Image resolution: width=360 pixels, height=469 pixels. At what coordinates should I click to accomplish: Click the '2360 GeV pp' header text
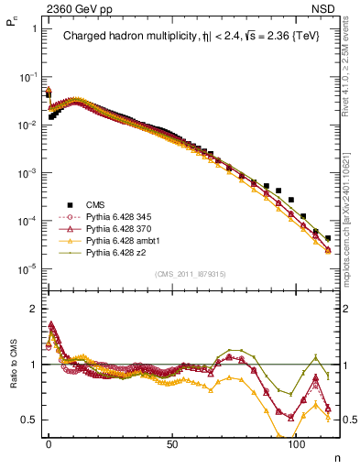(x=66, y=7)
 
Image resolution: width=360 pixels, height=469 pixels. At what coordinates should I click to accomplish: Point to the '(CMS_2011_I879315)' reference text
(x=191, y=274)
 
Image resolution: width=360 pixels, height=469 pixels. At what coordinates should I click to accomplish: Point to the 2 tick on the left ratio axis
(x=34, y=309)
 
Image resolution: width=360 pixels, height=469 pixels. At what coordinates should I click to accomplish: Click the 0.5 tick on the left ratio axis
(x=29, y=420)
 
